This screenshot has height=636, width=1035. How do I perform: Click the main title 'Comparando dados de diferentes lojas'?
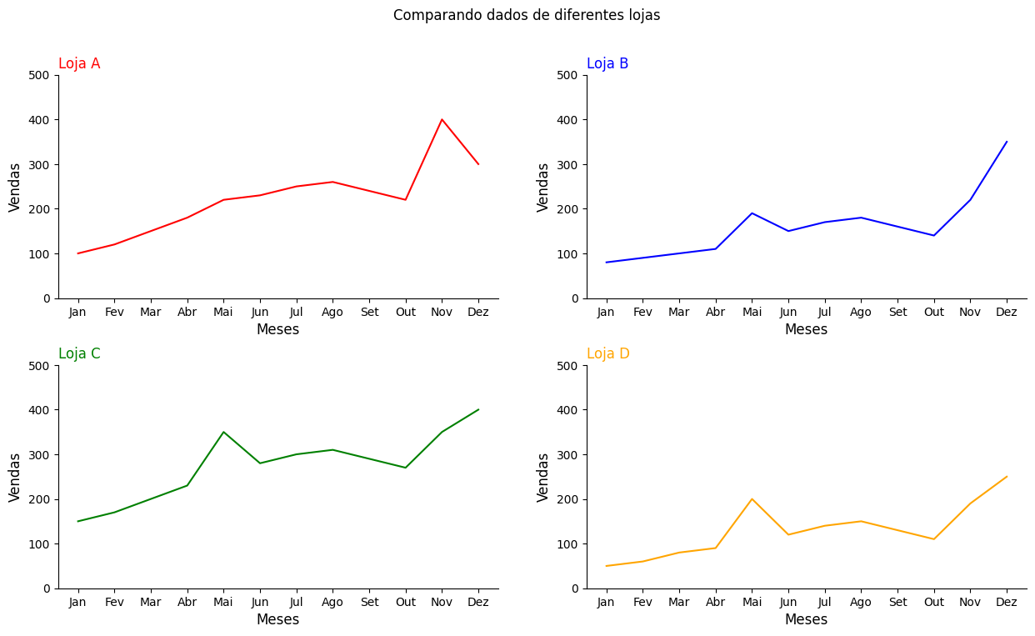pyautogui.click(x=526, y=15)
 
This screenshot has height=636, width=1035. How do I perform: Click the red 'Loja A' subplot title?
pyautogui.click(x=79, y=63)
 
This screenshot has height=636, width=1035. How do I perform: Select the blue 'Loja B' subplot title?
pyautogui.click(x=607, y=63)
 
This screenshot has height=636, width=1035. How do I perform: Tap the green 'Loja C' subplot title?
pyautogui.click(x=79, y=353)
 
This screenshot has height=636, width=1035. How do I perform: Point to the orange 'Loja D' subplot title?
pyautogui.click(x=608, y=353)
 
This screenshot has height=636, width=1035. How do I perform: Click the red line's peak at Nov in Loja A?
pyautogui.click(x=442, y=119)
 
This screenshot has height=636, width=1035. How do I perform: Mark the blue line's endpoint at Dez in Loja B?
pyautogui.click(x=1007, y=142)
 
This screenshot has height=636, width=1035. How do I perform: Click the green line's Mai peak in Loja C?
pyautogui.click(x=223, y=432)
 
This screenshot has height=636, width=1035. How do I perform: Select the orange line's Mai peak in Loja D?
pyautogui.click(x=752, y=499)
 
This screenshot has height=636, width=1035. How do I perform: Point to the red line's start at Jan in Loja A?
pyautogui.click(x=77, y=253)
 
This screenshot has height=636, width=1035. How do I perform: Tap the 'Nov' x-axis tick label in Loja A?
pyautogui.click(x=442, y=312)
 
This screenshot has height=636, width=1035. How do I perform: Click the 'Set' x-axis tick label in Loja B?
pyautogui.click(x=897, y=312)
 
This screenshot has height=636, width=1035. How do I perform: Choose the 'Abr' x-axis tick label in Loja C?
pyautogui.click(x=187, y=602)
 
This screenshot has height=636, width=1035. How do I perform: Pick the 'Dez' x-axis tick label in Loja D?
pyautogui.click(x=1007, y=602)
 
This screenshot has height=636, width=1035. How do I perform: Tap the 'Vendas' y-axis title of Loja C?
pyautogui.click(x=15, y=477)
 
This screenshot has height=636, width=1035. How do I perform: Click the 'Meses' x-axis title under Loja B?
pyautogui.click(x=806, y=329)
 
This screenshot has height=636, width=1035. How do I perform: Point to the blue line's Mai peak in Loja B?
pyautogui.click(x=752, y=213)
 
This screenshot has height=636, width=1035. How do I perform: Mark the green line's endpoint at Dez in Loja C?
pyautogui.click(x=478, y=409)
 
